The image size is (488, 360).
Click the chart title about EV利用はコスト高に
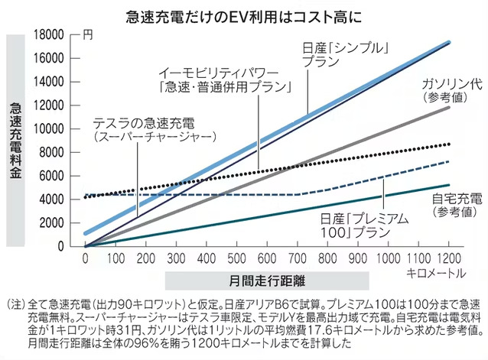(x=244, y=13)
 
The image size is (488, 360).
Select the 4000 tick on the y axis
(x=61, y=199)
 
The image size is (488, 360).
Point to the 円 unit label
(x=89, y=34)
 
